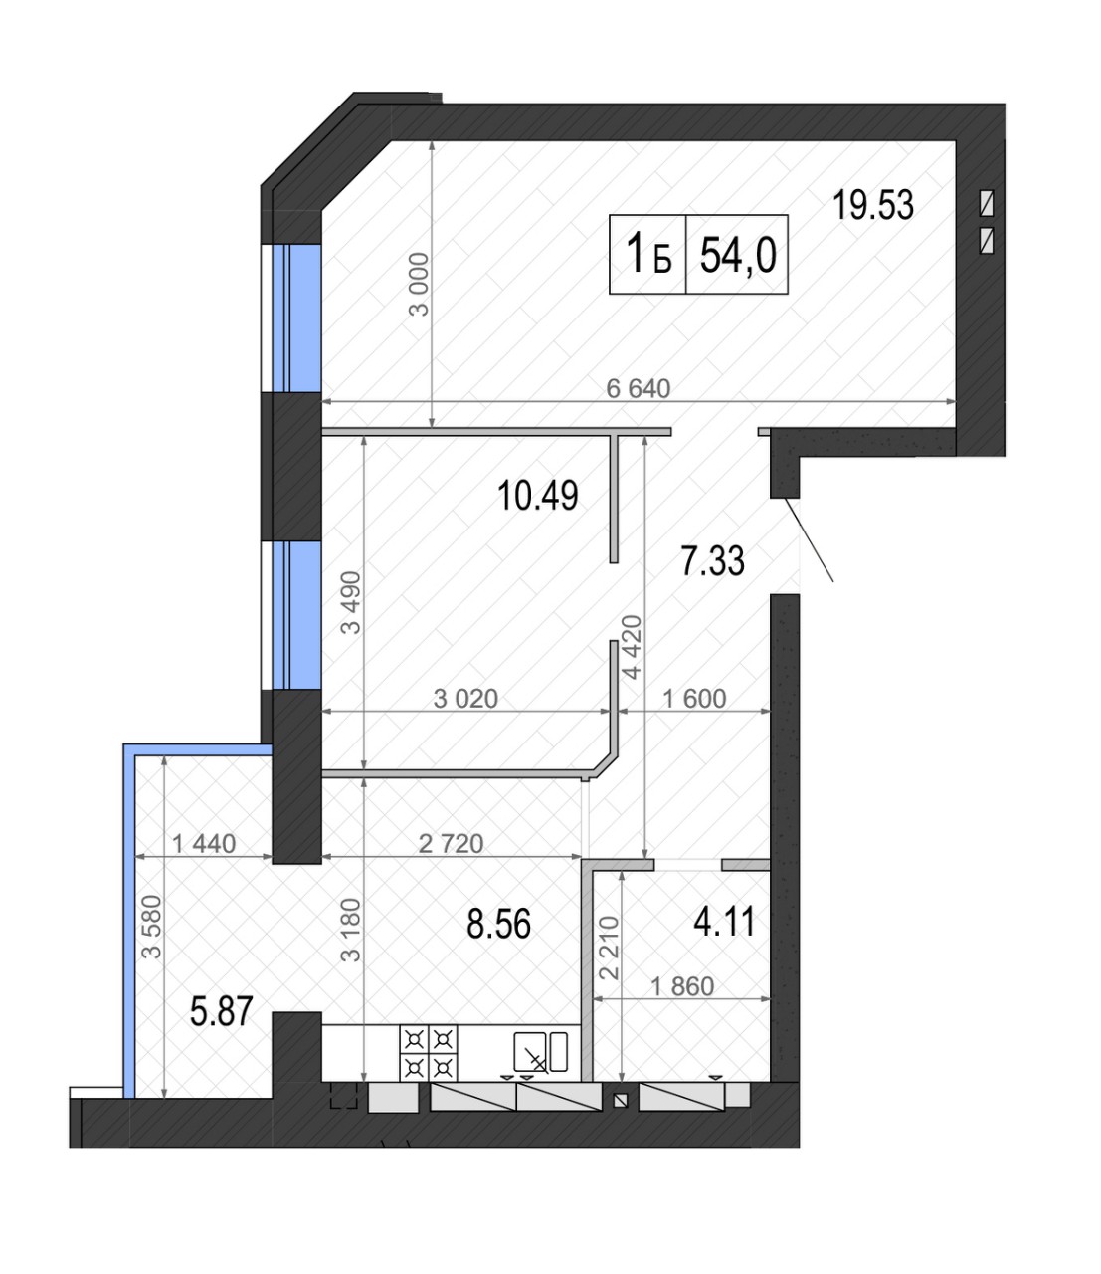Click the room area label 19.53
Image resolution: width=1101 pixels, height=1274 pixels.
click(872, 205)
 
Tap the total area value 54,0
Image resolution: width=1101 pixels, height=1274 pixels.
click(738, 255)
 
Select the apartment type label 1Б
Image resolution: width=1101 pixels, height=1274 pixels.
click(648, 254)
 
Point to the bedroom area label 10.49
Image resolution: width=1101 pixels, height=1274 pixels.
click(537, 496)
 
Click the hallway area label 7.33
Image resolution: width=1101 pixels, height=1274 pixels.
click(712, 561)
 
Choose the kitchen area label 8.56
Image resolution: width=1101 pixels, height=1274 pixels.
click(498, 925)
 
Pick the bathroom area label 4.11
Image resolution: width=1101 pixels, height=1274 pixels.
click(724, 923)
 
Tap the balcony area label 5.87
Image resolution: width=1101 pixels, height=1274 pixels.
click(222, 1012)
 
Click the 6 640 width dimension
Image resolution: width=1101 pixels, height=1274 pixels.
click(638, 389)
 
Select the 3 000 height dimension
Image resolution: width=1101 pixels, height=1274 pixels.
click(419, 284)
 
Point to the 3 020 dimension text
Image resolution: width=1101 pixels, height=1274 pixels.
click(465, 699)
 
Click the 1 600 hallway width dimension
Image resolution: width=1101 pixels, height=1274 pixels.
click(694, 699)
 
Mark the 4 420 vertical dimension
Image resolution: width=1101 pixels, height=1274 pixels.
click(633, 647)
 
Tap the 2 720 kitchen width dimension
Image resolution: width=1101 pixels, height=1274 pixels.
click(451, 844)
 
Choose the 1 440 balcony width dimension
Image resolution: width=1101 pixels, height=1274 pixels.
click(204, 844)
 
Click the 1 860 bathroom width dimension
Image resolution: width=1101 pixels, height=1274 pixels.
click(682, 986)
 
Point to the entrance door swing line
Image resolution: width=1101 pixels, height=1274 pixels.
click(809, 539)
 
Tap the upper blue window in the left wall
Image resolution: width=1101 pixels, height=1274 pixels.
click(296, 318)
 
